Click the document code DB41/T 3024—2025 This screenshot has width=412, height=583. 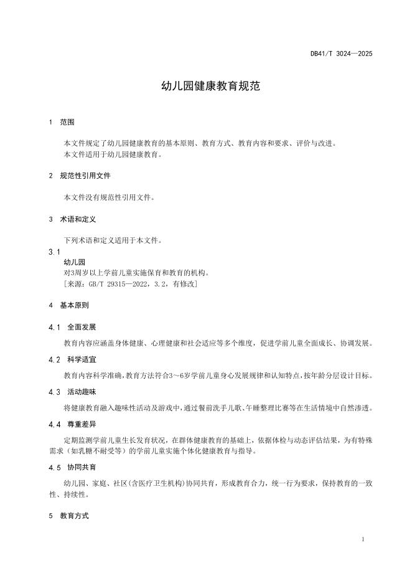(341, 54)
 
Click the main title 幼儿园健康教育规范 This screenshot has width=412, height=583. (205, 87)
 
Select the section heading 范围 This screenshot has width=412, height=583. (67, 122)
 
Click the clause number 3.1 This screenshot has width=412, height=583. (54, 252)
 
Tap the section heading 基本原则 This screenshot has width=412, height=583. (74, 306)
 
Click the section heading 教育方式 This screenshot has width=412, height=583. (74, 516)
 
